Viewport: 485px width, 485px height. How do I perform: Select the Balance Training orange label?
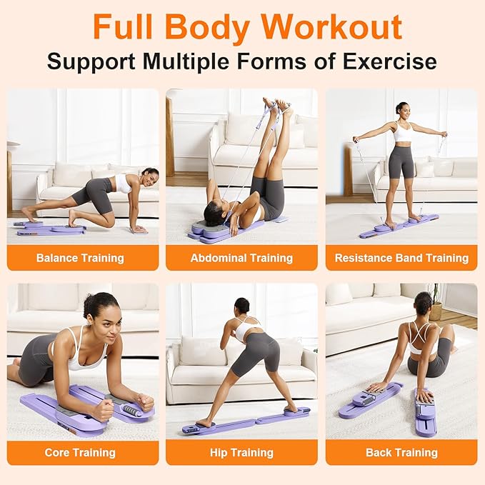click(x=80, y=258)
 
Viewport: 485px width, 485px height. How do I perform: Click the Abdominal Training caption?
click(x=241, y=258)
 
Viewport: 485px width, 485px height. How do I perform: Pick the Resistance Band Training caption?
click(x=401, y=258)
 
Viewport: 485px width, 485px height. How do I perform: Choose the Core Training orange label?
click(x=80, y=453)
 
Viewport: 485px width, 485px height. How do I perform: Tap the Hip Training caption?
click(x=241, y=453)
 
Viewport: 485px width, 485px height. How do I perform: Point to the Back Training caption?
click(x=401, y=453)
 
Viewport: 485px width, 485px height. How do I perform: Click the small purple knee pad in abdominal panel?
click(x=279, y=219)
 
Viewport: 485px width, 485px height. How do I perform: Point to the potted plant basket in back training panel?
click(x=436, y=311)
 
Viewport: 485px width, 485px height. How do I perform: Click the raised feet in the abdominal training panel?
click(x=277, y=104)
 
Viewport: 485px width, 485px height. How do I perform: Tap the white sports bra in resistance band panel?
click(x=404, y=132)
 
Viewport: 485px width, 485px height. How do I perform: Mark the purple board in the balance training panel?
click(x=50, y=229)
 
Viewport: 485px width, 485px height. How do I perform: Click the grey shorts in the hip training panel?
click(x=256, y=352)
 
